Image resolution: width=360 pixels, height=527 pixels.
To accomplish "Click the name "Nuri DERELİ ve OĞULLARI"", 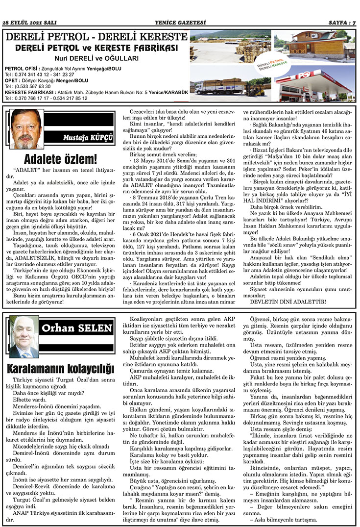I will pyautogui.click(x=96, y=58).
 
